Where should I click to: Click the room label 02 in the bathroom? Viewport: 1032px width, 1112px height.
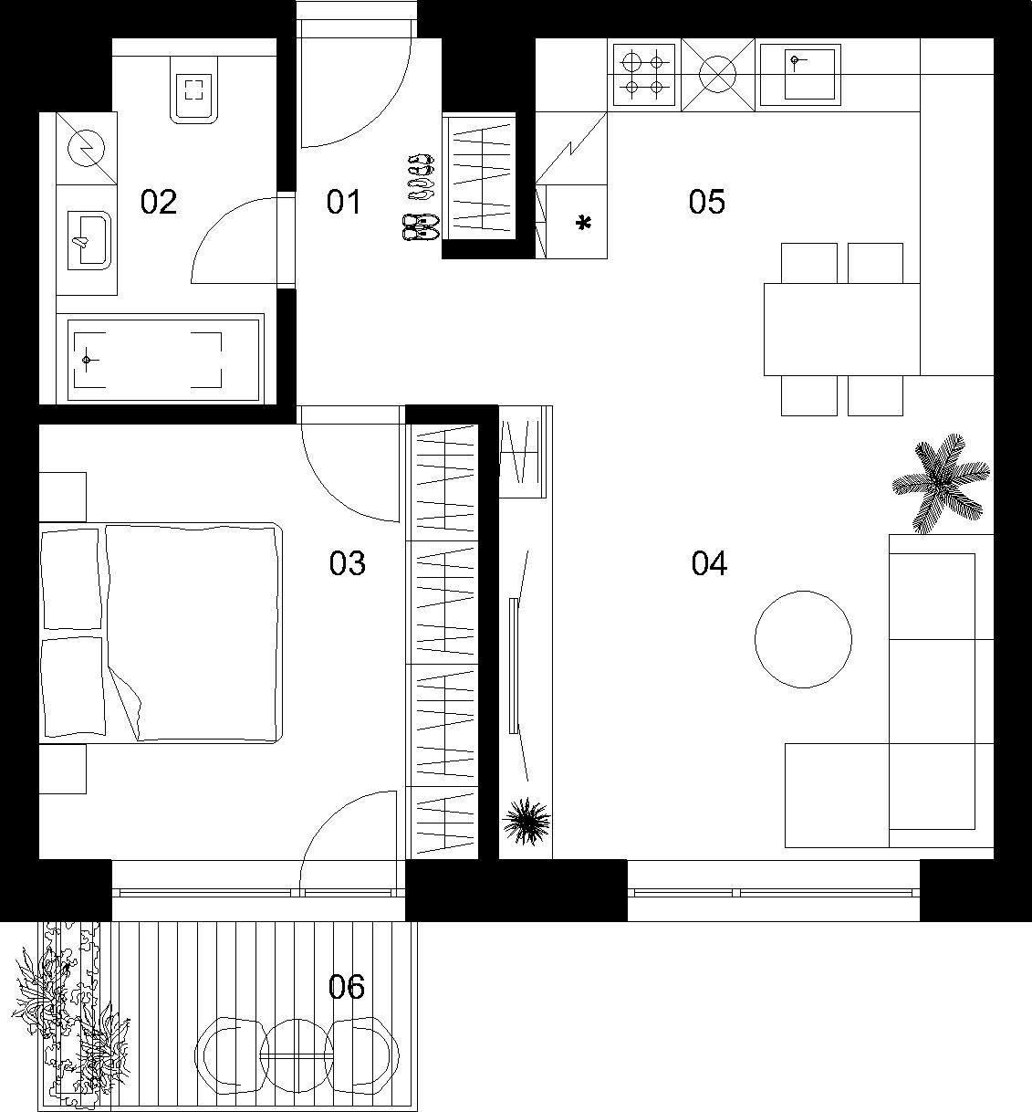point(158,202)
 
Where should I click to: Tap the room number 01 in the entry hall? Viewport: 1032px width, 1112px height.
point(344,202)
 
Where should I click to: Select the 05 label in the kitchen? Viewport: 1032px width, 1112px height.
point(706,202)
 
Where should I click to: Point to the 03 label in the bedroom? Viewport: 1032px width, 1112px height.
point(347,563)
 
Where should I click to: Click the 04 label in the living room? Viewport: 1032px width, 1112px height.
point(709,563)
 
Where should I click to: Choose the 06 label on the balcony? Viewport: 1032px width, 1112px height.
point(347,987)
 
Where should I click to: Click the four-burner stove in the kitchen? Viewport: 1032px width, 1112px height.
point(643,76)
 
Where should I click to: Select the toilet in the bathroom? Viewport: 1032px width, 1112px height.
point(194,89)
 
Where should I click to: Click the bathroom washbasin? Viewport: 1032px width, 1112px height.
point(89,240)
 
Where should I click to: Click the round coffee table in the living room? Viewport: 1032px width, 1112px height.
point(803,639)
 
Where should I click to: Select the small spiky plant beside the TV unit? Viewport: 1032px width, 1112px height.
point(526,822)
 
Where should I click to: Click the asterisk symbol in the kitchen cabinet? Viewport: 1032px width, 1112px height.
point(583,223)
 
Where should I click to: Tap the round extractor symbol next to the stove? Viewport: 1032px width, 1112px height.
point(718,75)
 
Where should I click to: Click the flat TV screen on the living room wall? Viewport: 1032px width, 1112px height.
point(515,665)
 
